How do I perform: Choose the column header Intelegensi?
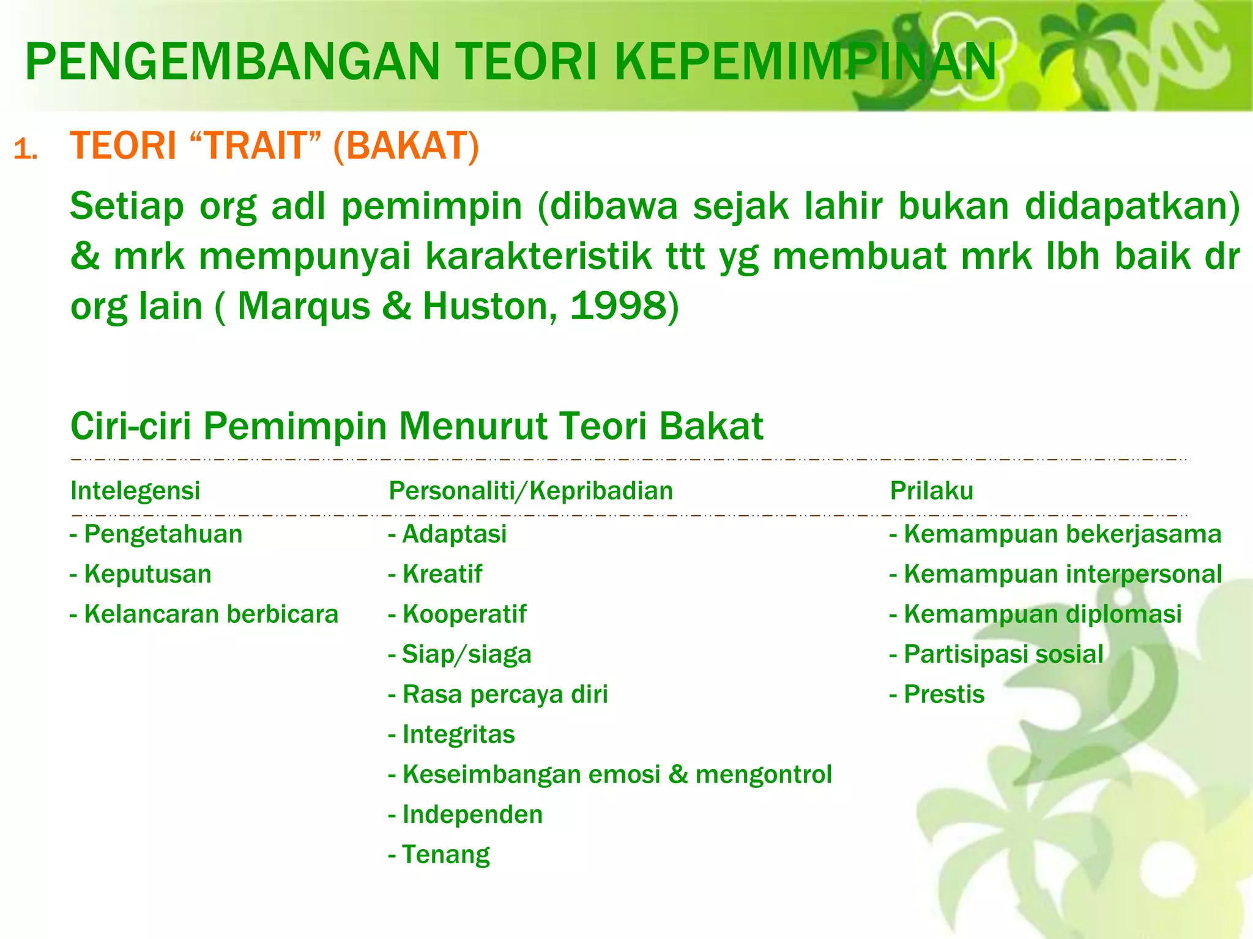click(135, 490)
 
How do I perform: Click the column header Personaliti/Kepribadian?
click(530, 490)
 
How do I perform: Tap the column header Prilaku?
click(931, 490)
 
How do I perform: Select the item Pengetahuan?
click(163, 534)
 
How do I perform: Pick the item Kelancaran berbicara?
click(211, 614)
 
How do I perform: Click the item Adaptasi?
click(454, 534)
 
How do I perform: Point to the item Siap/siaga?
click(466, 654)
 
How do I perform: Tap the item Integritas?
click(458, 734)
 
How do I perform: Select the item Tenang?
click(445, 855)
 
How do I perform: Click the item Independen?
click(472, 814)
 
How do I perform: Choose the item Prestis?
click(944, 694)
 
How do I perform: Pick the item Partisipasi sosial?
click(1003, 654)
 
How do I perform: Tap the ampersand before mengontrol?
click(678, 775)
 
